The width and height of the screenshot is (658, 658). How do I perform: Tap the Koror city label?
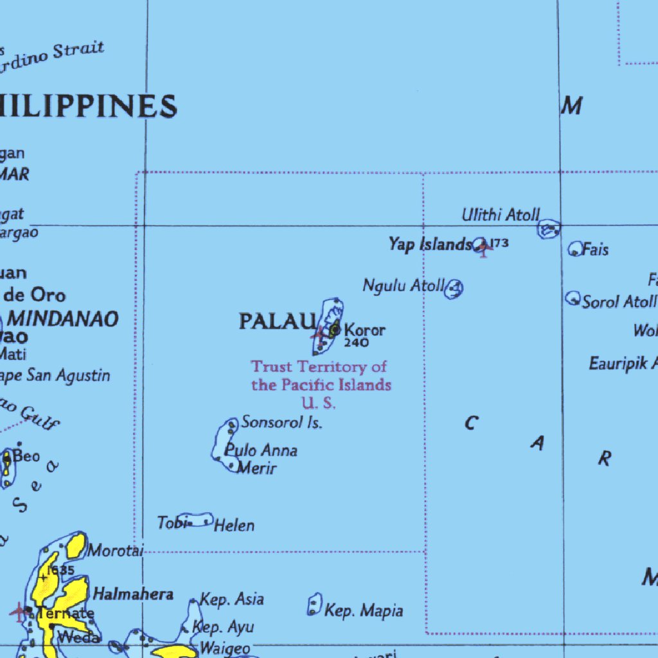pyautogui.click(x=365, y=330)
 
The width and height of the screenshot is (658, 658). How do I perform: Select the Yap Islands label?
pyautogui.click(x=429, y=244)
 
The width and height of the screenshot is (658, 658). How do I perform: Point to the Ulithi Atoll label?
pyautogui.click(x=501, y=215)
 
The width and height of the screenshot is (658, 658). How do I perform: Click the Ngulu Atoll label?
pyautogui.click(x=404, y=285)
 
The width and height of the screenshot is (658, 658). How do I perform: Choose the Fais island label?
pyautogui.click(x=595, y=249)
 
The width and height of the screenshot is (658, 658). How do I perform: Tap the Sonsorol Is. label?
pyautogui.click(x=281, y=422)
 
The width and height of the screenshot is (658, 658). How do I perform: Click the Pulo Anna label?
pyautogui.click(x=261, y=450)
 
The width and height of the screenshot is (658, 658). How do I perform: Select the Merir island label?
pyautogui.click(x=256, y=468)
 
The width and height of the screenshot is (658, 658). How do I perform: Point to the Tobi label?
pyautogui.click(x=170, y=523)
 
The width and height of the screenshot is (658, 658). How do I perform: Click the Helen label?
pyautogui.click(x=234, y=526)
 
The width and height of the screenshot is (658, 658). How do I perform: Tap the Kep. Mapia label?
pyautogui.click(x=364, y=610)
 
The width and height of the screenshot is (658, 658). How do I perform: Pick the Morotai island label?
pyautogui.click(x=116, y=551)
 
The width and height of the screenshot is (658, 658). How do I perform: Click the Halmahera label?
pyautogui.click(x=133, y=594)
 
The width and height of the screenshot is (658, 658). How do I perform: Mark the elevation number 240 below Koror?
pyautogui.click(x=357, y=343)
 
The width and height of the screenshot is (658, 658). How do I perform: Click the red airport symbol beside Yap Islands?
pyautogui.click(x=483, y=249)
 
